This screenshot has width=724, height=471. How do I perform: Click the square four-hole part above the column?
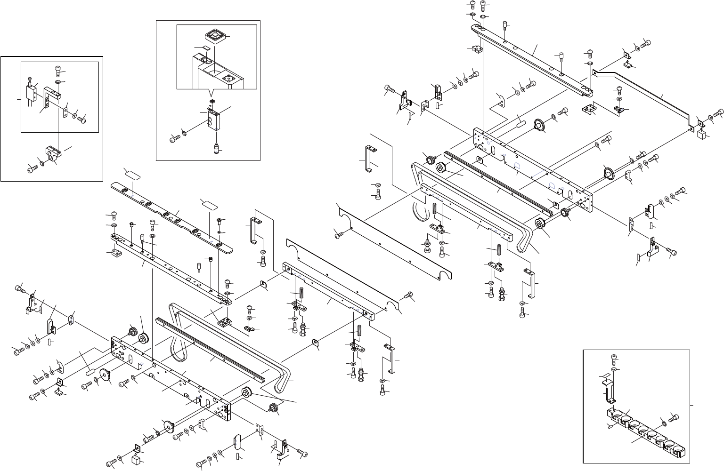[x=214, y=35]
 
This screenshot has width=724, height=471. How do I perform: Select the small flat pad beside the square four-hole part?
[x=205, y=48]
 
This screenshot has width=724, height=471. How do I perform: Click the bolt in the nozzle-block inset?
[x=175, y=139]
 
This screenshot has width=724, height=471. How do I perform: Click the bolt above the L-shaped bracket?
[x=58, y=71]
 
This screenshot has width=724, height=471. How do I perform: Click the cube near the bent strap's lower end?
[x=701, y=136]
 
